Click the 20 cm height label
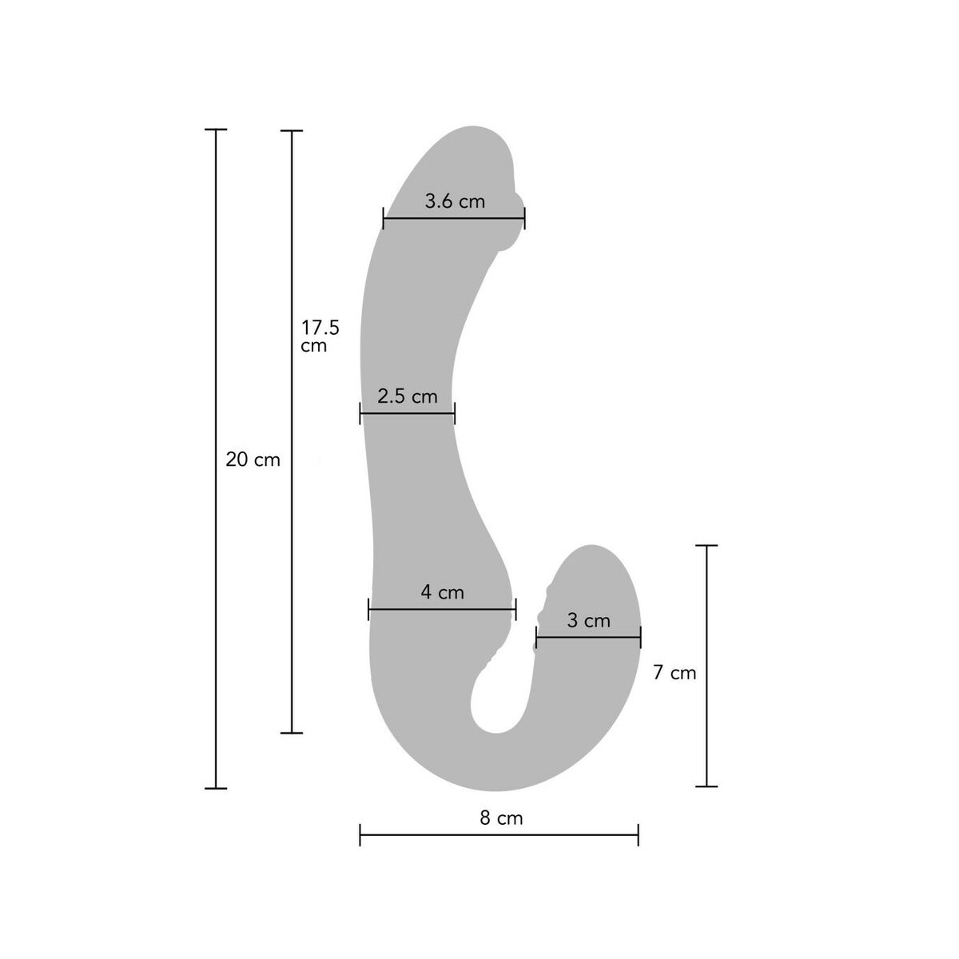pos(253,460)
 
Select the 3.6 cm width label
pos(455,201)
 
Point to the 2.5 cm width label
pos(408,396)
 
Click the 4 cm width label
pos(442,592)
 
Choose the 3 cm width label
pos(588,620)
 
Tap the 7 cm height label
pos(674,673)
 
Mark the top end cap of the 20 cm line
pos(216,129)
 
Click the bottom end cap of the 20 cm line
pos(216,788)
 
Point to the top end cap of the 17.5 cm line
pos(292,130)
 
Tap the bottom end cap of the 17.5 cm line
pos(292,732)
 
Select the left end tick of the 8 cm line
pos(360,836)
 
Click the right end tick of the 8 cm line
pos(638,836)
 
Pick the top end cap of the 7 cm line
pos(706,545)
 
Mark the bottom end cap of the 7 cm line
pos(706,786)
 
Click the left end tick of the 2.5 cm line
pos(360,413)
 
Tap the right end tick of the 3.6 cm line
pos(524,218)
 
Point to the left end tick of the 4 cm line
pos(368,609)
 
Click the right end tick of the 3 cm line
pos(640,637)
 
